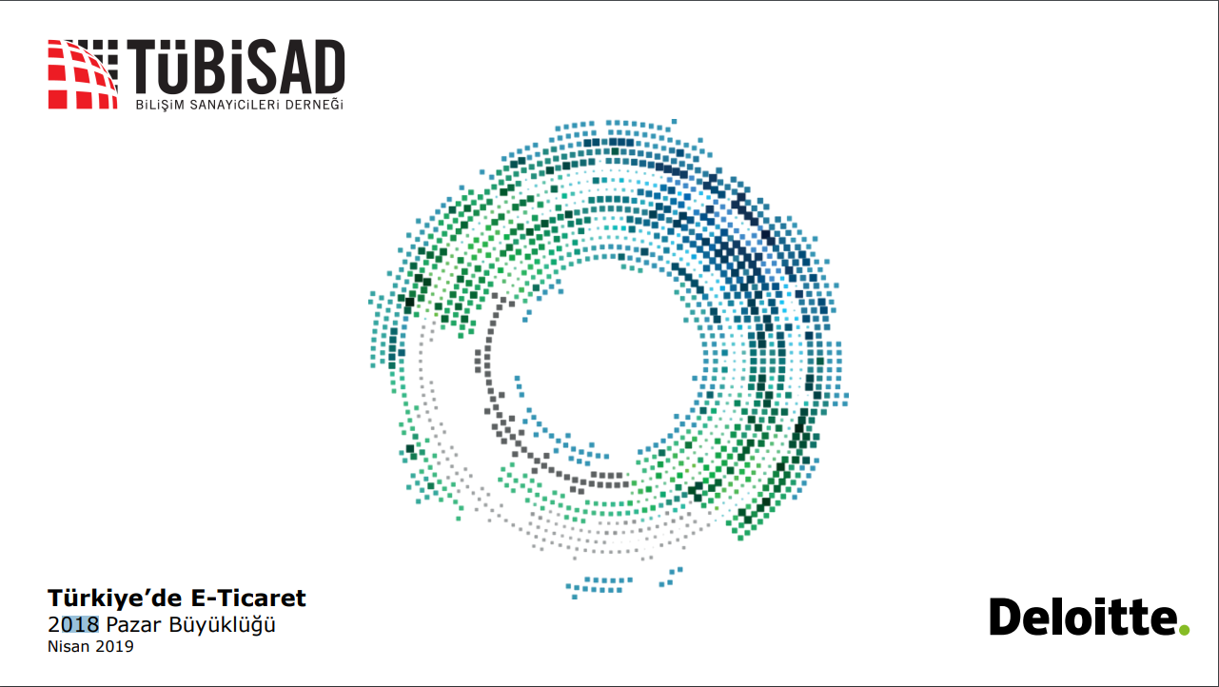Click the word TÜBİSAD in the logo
pyautogui.click(x=236, y=68)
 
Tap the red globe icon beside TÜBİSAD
pyautogui.click(x=83, y=74)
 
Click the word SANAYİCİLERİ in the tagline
pyautogui.click(x=235, y=105)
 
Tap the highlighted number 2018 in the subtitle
pyautogui.click(x=73, y=624)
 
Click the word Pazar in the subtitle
pyautogui.click(x=134, y=625)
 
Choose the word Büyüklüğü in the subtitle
pyautogui.click(x=222, y=625)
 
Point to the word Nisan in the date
pyautogui.click(x=69, y=646)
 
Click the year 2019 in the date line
pyautogui.click(x=114, y=646)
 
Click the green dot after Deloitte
pyautogui.click(x=1184, y=630)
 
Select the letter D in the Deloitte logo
pyautogui.click(x=1006, y=617)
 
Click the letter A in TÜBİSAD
pyautogui.click(x=291, y=68)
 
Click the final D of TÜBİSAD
pyautogui.click(x=328, y=68)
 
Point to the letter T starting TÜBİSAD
pyautogui.click(x=142, y=68)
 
